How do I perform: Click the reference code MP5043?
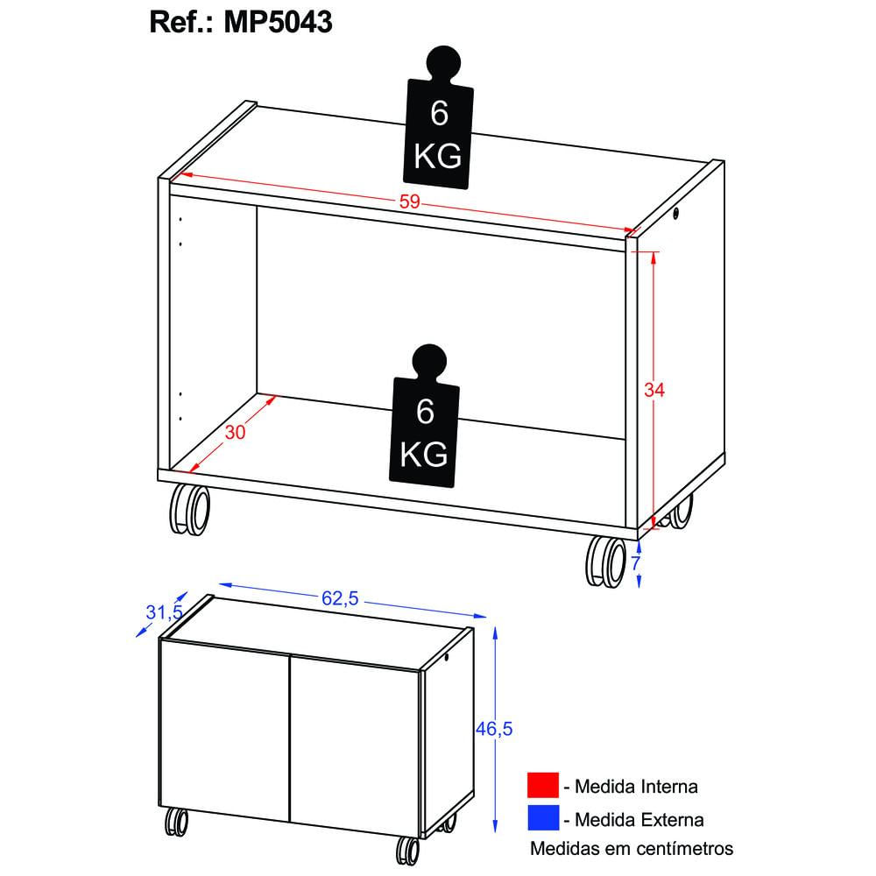[x=278, y=21]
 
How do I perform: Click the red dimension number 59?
[x=410, y=202]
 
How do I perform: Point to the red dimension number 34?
[x=654, y=391]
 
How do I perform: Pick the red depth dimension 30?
[x=236, y=433]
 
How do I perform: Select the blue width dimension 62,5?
[x=340, y=599]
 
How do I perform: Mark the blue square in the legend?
[x=542, y=819]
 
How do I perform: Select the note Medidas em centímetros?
[x=631, y=848]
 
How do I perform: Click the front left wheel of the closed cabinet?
[x=176, y=824]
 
